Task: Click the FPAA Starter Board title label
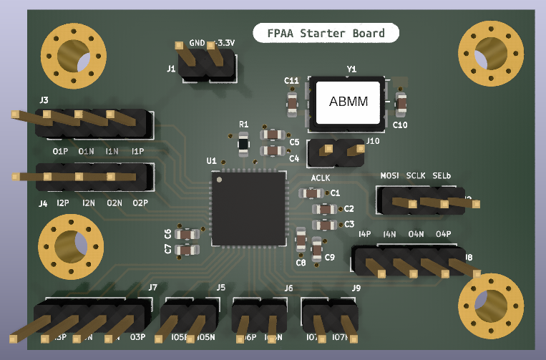326,33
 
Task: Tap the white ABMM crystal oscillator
348,102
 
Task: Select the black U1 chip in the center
248,208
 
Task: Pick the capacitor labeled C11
292,103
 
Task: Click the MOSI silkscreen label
389,176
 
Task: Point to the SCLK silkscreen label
416,176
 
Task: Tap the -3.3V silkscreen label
225,44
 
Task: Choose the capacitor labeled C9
317,248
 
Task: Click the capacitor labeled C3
326,225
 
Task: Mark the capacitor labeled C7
188,250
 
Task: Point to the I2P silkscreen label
63,203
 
